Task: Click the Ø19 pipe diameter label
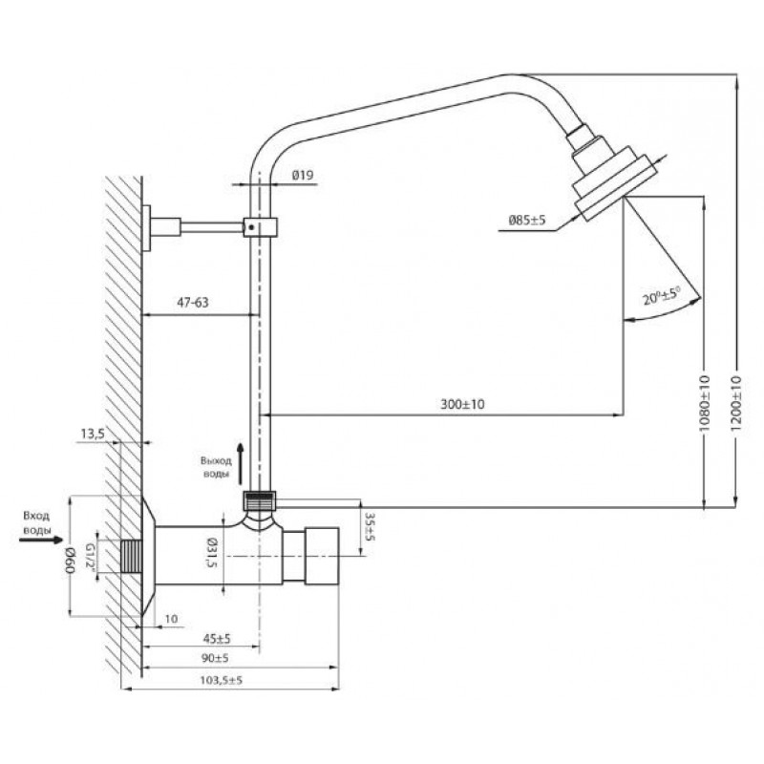[303, 175]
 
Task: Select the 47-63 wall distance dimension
[193, 303]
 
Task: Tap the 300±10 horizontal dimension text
[462, 404]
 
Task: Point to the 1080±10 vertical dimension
[705, 403]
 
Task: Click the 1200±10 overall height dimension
[736, 402]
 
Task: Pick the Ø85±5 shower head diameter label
[527, 221]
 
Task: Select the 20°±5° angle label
[661, 296]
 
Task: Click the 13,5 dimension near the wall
[93, 434]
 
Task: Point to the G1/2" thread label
[90, 556]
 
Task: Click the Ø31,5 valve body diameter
[211, 553]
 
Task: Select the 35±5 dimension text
[370, 526]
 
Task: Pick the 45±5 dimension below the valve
[217, 638]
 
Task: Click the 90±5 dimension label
[215, 658]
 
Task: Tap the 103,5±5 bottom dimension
[221, 680]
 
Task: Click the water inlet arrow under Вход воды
[41, 540]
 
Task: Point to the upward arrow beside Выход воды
[240, 464]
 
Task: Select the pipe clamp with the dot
[260, 227]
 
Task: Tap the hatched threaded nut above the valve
[260, 501]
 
